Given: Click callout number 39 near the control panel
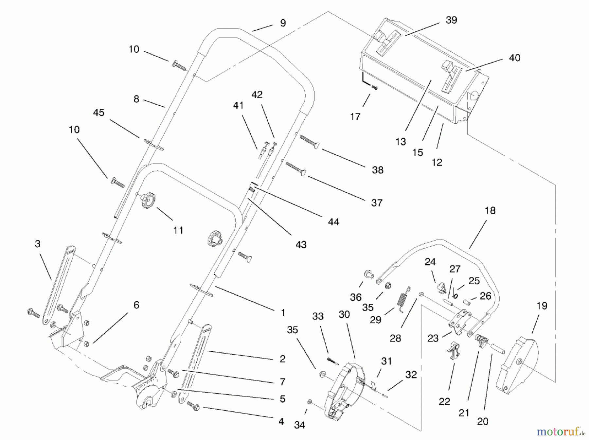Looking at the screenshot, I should (451, 20).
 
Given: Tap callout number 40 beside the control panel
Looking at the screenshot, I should (514, 58).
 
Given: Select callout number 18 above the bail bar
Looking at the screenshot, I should (490, 211).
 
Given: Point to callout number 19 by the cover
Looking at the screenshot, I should (542, 306).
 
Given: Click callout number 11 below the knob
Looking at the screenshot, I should (178, 231).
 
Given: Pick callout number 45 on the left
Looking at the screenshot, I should (98, 113).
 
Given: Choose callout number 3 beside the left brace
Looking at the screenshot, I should (38, 244).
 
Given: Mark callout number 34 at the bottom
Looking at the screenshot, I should (299, 425).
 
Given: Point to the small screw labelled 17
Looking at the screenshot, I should (374, 87).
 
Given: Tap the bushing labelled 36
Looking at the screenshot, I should (368, 274).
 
